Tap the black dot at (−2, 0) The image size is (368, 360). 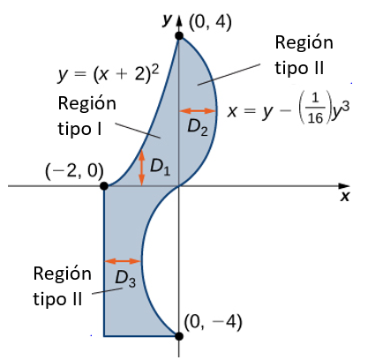point(104,186)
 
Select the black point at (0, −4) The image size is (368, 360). point(178,336)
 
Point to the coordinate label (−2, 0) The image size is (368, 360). point(74,171)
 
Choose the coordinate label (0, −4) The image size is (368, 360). point(213,322)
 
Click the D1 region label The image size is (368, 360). point(160,167)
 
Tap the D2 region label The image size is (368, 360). point(198,128)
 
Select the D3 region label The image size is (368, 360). point(125,279)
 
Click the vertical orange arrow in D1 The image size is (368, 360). point(142,167)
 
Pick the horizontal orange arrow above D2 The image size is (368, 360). point(198,111)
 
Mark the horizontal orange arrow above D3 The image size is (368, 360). point(123,261)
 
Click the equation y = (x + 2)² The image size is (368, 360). point(108,73)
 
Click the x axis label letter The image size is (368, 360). point(345,196)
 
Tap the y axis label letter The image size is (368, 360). point(167,19)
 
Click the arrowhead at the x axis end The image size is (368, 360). point(343,186)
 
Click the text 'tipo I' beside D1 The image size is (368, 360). point(79,129)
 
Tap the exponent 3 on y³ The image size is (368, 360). point(346,106)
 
